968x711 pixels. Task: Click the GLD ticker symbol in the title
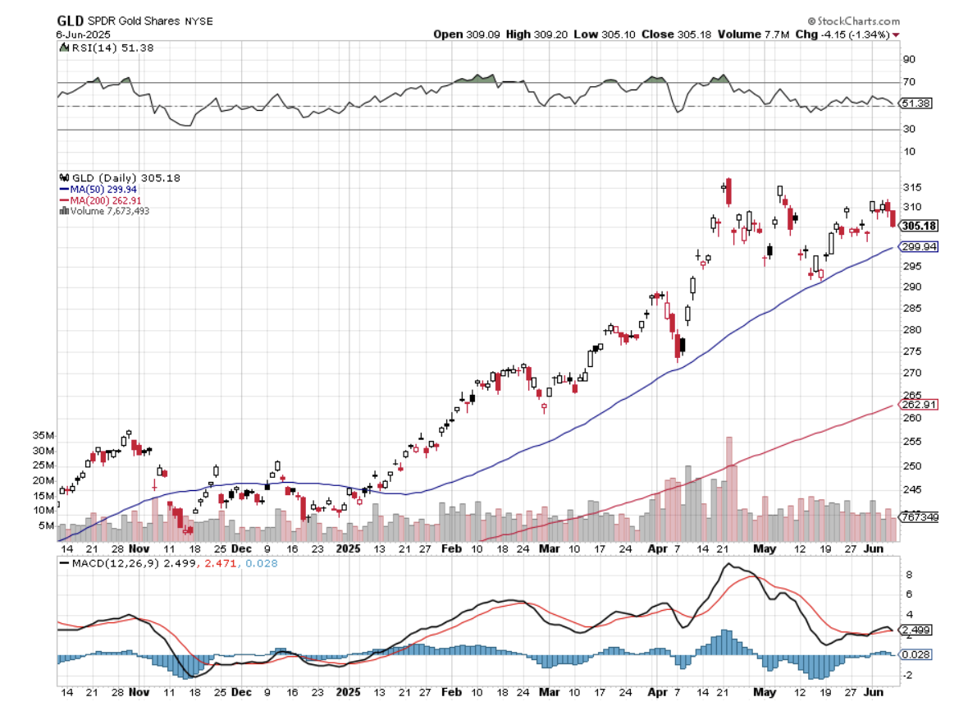(70, 21)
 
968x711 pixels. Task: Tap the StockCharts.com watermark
(853, 21)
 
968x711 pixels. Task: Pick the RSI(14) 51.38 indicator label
(107, 48)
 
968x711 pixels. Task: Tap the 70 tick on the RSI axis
(908, 82)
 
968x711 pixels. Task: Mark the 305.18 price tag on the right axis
(919, 226)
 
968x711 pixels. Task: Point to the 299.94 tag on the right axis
(919, 246)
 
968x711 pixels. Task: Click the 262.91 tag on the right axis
(919, 404)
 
